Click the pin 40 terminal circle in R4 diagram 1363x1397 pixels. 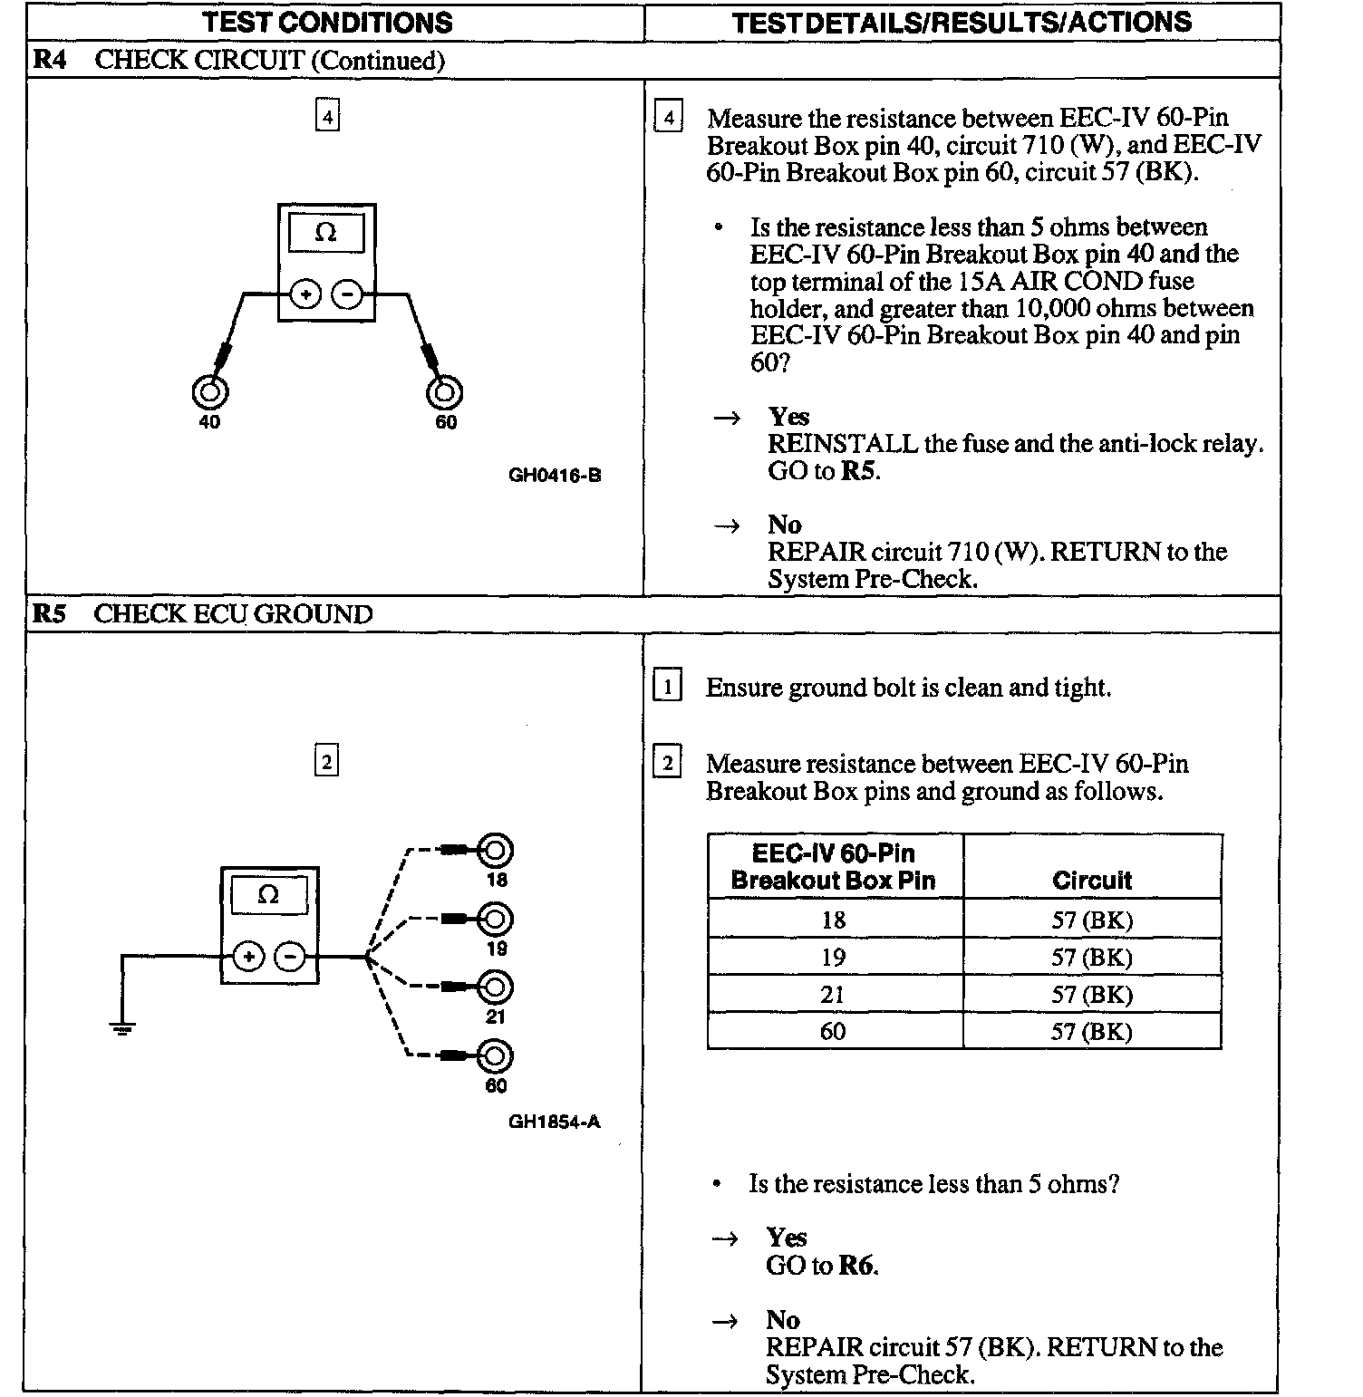click(209, 392)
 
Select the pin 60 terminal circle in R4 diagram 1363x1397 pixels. click(444, 392)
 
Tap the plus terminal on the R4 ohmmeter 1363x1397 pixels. click(305, 294)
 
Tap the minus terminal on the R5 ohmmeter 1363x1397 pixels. click(289, 957)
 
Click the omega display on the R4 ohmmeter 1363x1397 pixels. click(326, 234)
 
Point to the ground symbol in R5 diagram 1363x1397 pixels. click(122, 1027)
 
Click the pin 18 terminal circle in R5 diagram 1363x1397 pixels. click(495, 850)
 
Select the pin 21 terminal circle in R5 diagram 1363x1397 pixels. click(495, 987)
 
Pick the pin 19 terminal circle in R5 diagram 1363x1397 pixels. click(495, 919)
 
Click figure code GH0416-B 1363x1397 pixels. click(555, 475)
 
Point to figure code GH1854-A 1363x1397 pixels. click(554, 1122)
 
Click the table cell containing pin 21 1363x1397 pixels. click(834, 994)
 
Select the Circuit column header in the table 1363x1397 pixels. click(1092, 880)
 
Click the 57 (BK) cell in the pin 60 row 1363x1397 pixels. click(1092, 1031)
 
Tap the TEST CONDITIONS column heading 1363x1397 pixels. click(327, 22)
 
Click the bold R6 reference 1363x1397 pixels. click(857, 1265)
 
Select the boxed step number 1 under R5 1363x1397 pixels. click(667, 687)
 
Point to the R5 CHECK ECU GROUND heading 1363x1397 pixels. click(202, 614)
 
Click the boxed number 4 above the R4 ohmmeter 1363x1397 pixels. click(327, 116)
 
